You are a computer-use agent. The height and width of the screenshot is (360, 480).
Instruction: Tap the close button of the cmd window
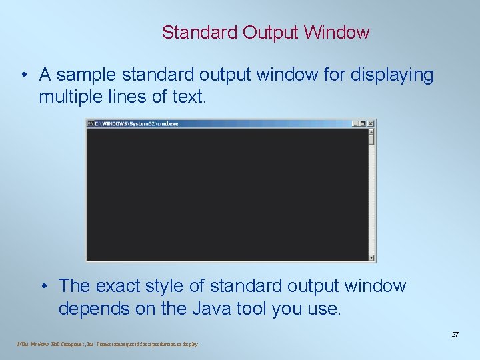pos(371,123)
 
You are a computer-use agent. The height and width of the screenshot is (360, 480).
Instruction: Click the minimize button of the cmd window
pos(355,123)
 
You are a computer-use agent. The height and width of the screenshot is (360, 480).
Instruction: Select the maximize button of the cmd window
pos(363,123)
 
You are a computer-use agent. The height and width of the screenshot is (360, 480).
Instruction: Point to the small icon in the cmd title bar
pos(91,123)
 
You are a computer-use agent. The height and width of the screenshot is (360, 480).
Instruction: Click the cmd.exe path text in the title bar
pos(137,123)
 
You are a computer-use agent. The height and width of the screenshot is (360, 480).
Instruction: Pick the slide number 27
pos(455,334)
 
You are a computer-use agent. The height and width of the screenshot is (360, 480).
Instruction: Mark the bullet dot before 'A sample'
pos(23,75)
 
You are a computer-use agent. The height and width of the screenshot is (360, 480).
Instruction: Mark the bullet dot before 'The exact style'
pos(43,286)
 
